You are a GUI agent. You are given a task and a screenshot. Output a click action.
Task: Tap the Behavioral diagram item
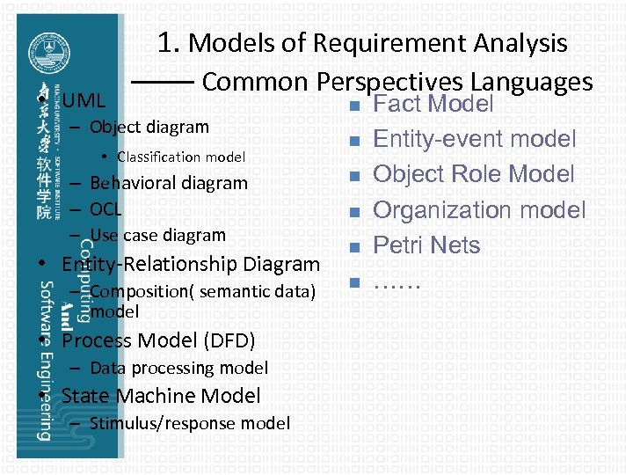(169, 183)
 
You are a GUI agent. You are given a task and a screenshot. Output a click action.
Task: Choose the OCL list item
(105, 209)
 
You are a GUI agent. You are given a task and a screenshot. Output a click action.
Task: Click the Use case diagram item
(157, 235)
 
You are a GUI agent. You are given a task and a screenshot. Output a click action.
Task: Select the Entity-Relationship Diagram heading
(190, 264)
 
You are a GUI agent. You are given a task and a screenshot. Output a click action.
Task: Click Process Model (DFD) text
(158, 340)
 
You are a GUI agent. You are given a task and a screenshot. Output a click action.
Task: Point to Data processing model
(178, 368)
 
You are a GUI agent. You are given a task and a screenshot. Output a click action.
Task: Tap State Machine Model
(161, 396)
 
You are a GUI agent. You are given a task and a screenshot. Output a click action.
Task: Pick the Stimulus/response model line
(189, 423)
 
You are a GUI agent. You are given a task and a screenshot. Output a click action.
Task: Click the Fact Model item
(433, 105)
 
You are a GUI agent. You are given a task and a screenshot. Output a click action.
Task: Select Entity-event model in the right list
(475, 139)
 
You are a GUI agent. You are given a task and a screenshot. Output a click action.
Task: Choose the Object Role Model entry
(474, 174)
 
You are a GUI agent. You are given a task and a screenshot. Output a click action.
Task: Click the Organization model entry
(479, 209)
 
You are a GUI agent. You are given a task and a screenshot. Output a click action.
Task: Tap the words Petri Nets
(426, 245)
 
